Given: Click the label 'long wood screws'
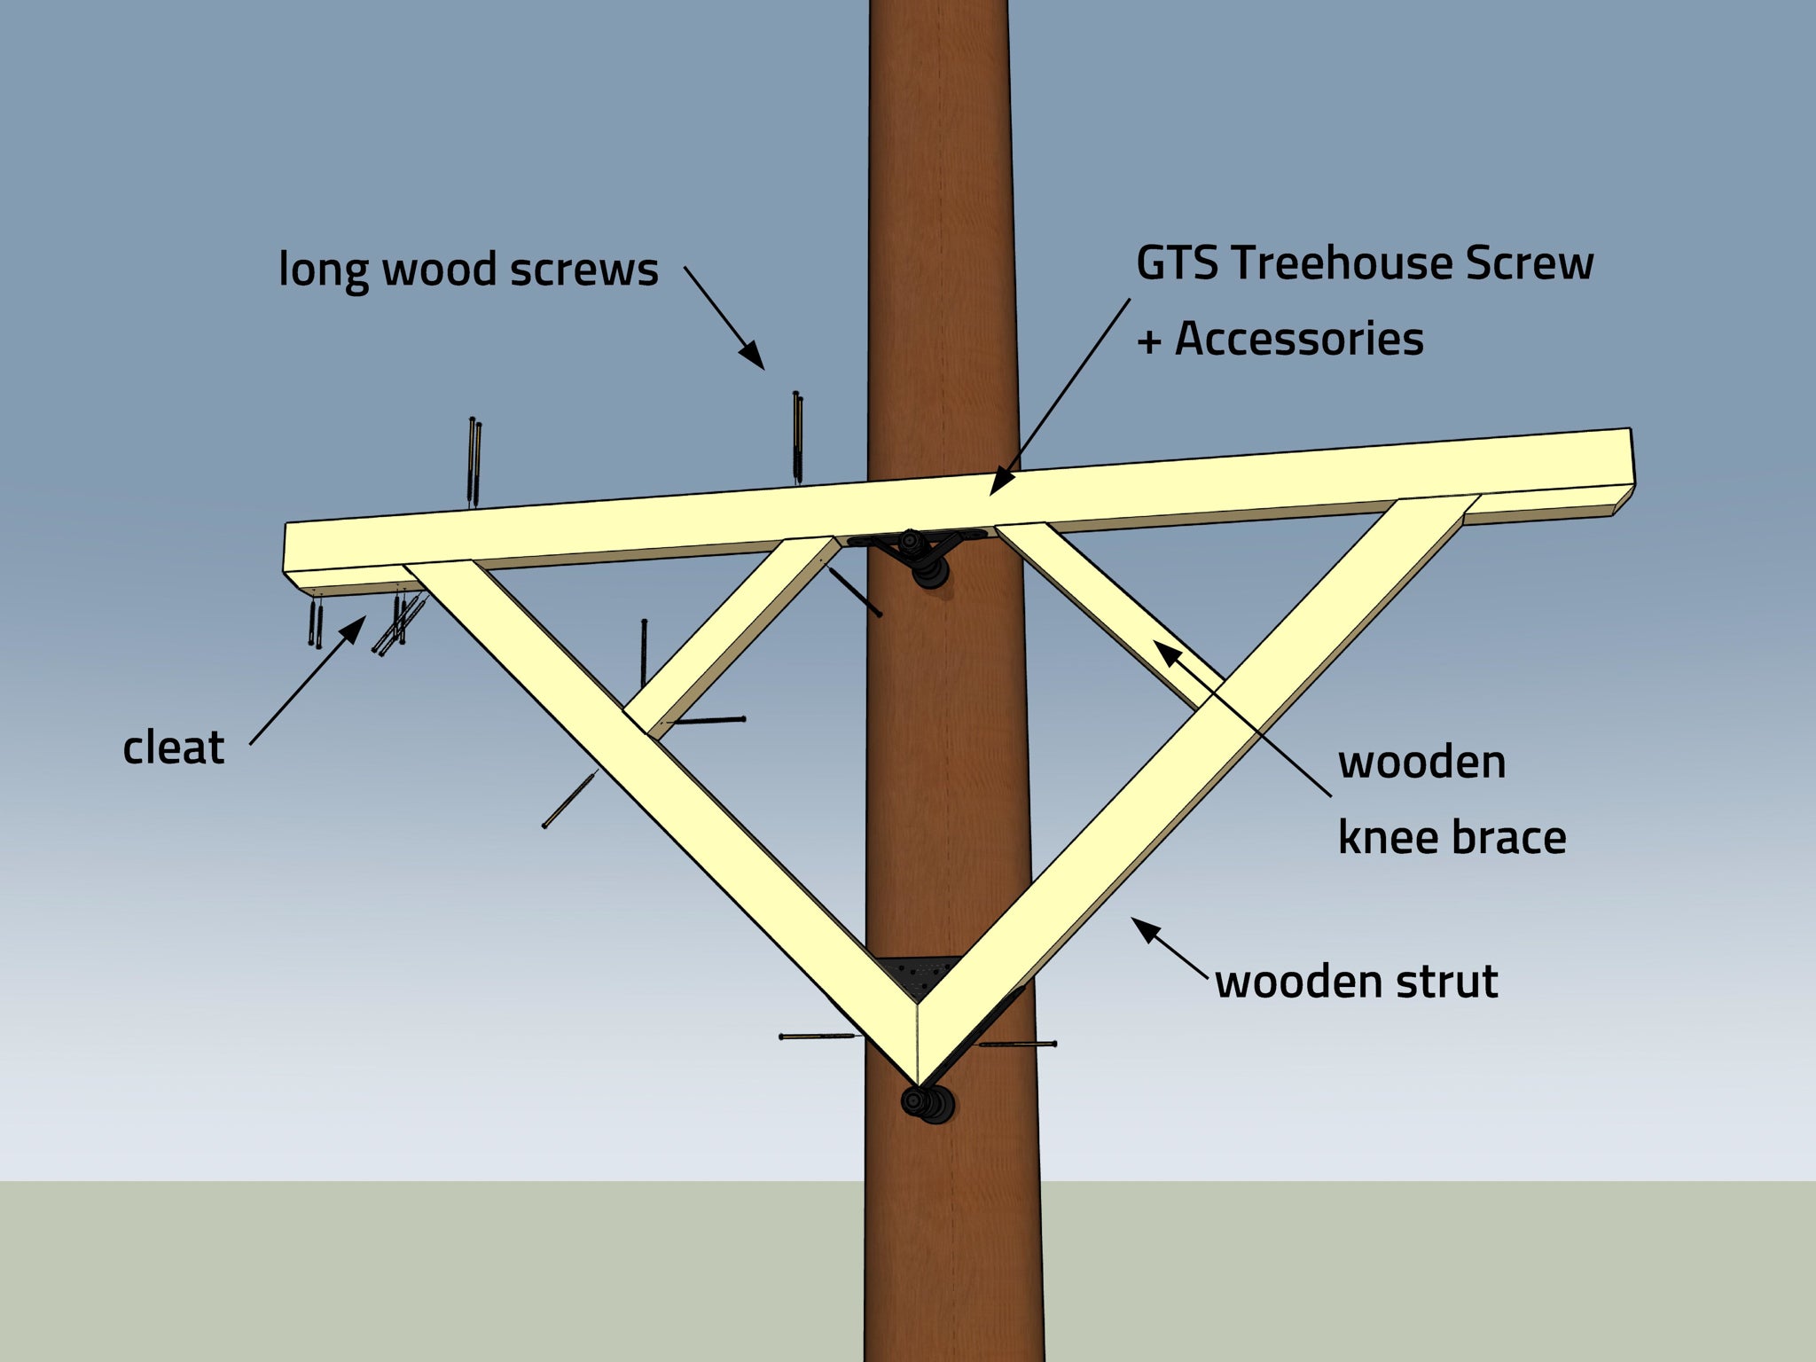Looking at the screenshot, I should pyautogui.click(x=468, y=270).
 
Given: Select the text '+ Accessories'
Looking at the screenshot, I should pyautogui.click(x=1280, y=340).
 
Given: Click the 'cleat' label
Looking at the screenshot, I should pyautogui.click(x=173, y=748).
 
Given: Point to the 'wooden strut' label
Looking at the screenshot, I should pyautogui.click(x=1356, y=982).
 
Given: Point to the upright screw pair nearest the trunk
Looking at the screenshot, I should pyautogui.click(x=798, y=436).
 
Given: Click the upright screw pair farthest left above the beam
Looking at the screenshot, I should pyautogui.click(x=474, y=461).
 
